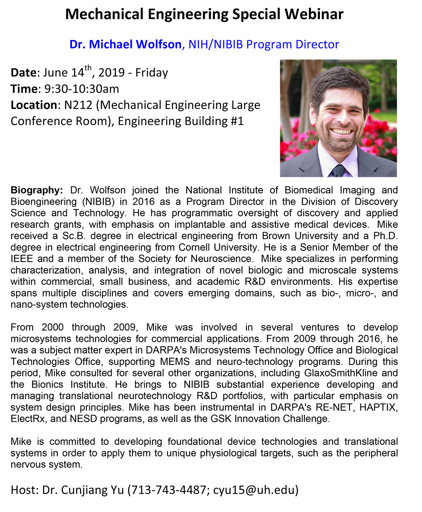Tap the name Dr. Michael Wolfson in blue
pyautogui.click(x=125, y=44)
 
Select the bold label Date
pyautogui.click(x=23, y=73)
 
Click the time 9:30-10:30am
pyautogui.click(x=81, y=89)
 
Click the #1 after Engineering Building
pyautogui.click(x=236, y=121)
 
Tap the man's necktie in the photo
pyautogui.click(x=338, y=171)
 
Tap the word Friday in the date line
pyautogui.click(x=151, y=73)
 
